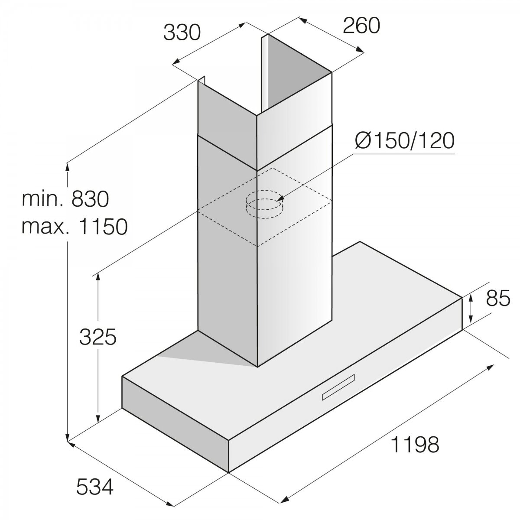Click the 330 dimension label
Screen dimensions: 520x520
click(182, 33)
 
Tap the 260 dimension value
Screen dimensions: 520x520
click(361, 26)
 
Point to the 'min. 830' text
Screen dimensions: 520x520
click(65, 199)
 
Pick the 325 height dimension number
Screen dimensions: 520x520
click(97, 337)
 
